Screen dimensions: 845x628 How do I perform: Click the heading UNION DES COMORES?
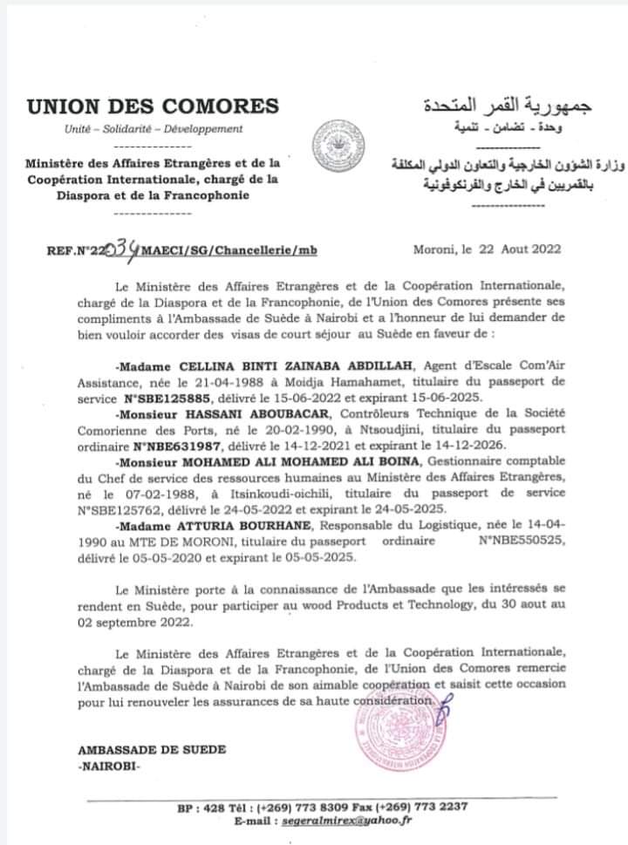[153, 107]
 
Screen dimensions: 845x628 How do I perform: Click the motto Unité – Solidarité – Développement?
[154, 130]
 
